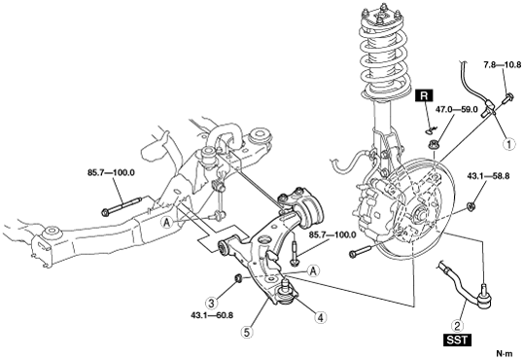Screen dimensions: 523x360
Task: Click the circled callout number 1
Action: pyautogui.click(x=509, y=144)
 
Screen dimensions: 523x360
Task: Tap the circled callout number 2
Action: pyautogui.click(x=457, y=325)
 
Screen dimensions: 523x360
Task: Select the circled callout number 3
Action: pyautogui.click(x=212, y=304)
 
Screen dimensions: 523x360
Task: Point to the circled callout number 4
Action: pyautogui.click(x=320, y=317)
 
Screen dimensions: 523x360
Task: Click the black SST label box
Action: pyautogui.click(x=457, y=341)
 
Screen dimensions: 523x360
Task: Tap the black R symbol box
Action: pyautogui.click(x=424, y=96)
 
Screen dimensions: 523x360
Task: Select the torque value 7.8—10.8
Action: pyautogui.click(x=503, y=65)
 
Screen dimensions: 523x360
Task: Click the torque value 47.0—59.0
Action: pyautogui.click(x=458, y=109)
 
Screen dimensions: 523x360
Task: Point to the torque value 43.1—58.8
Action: pyautogui.click(x=488, y=176)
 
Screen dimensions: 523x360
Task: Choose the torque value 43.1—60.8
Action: pyautogui.click(x=212, y=315)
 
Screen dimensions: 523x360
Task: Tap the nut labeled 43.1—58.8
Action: pyautogui.click(x=471, y=207)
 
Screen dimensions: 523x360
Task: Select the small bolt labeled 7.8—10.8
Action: pyautogui.click(x=508, y=98)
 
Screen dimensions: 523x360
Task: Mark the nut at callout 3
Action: pyautogui.click(x=239, y=277)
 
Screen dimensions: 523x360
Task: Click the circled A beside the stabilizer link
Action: pyautogui.click(x=168, y=222)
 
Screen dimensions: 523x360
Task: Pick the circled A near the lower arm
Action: pyautogui.click(x=313, y=270)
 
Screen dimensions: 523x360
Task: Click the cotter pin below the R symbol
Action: pyautogui.click(x=432, y=128)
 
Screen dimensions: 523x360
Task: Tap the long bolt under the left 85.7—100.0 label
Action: pyautogui.click(x=122, y=206)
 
